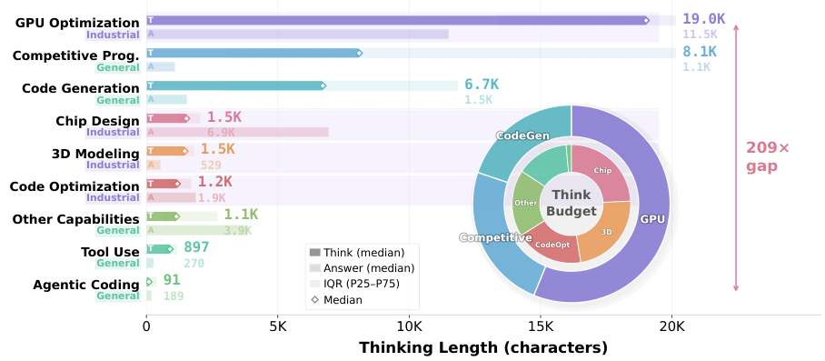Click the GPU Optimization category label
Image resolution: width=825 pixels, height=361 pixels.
[x=77, y=23]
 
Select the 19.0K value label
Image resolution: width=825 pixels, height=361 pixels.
[x=704, y=18]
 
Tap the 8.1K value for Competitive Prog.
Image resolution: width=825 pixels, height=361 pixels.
[x=699, y=52]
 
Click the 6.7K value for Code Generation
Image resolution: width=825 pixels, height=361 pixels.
[x=482, y=85]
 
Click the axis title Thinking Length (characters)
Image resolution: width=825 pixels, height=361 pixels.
[x=482, y=347]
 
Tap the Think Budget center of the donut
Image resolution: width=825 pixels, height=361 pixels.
[x=571, y=204]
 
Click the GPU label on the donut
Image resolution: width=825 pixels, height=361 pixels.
[x=652, y=219]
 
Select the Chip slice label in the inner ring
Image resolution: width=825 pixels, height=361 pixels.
[x=602, y=170]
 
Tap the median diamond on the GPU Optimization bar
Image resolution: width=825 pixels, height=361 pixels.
[x=646, y=20]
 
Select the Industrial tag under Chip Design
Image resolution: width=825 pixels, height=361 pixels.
[x=113, y=133]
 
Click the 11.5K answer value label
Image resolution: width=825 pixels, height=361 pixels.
[x=700, y=35]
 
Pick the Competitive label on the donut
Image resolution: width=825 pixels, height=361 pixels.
[x=495, y=237]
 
